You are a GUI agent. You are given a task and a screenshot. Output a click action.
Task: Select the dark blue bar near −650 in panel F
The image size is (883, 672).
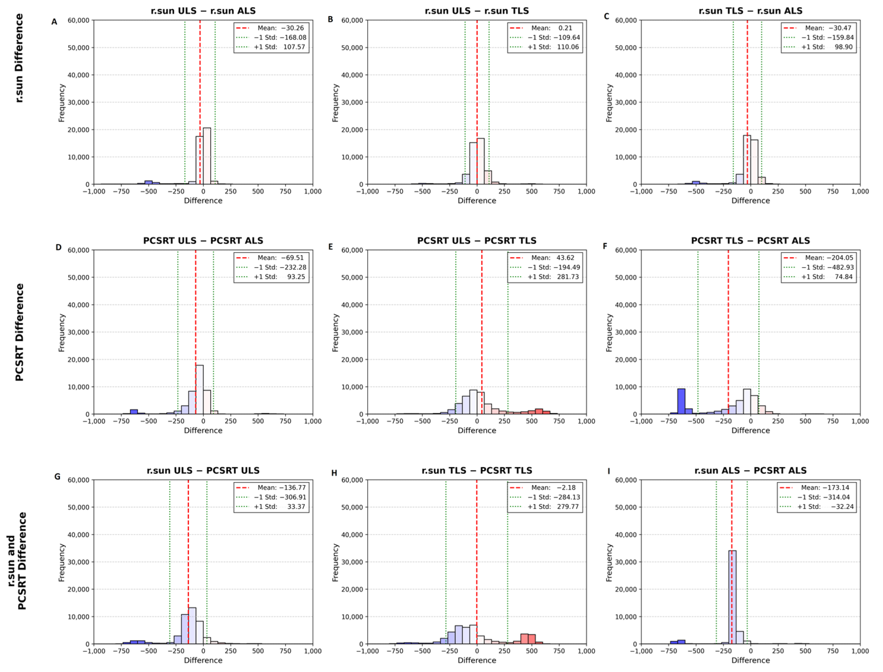pyautogui.click(x=681, y=401)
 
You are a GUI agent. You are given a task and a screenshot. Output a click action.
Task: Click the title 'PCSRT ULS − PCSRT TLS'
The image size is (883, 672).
pyautogui.click(x=476, y=240)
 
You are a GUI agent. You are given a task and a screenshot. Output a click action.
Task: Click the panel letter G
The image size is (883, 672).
pyautogui.click(x=57, y=476)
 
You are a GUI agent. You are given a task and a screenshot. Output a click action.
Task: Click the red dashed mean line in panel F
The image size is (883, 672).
pyautogui.click(x=728, y=320)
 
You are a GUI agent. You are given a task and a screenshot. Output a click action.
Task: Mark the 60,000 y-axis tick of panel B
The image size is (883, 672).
pyautogui.click(x=352, y=20)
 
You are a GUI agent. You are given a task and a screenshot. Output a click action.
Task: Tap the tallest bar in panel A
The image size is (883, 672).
pyautogui.click(x=207, y=156)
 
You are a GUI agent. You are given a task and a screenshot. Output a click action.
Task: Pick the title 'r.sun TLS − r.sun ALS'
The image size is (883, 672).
pyautogui.click(x=750, y=11)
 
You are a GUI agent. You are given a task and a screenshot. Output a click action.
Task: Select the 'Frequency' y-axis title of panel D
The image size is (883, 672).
pyautogui.click(x=61, y=332)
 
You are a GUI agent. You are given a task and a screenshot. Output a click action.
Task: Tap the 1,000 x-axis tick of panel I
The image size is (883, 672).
pyautogui.click(x=860, y=651)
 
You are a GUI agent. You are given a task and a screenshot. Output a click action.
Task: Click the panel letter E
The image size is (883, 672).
pyautogui.click(x=330, y=247)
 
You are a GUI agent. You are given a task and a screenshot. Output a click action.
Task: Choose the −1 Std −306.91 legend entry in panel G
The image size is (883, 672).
pyautogui.click(x=280, y=497)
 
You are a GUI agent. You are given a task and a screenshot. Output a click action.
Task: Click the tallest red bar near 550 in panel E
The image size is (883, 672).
pyautogui.click(x=539, y=411)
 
